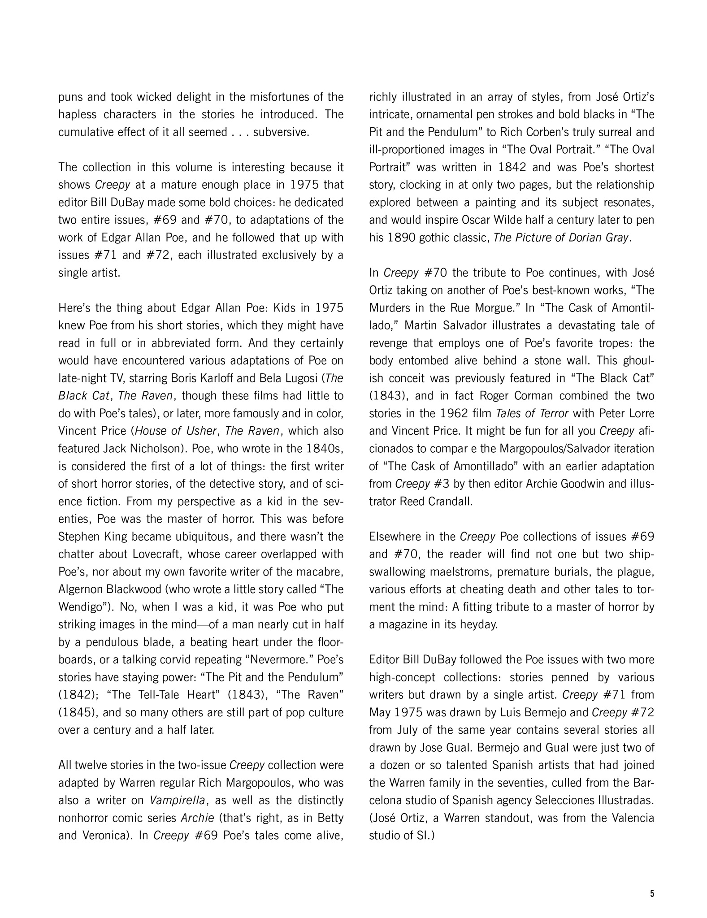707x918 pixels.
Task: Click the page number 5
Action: point(652,893)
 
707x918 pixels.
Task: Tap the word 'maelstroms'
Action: point(455,572)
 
